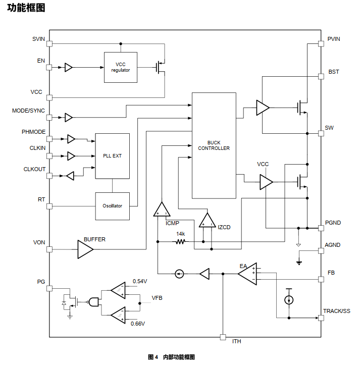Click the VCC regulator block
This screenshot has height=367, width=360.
121,67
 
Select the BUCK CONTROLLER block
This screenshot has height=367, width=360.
214,145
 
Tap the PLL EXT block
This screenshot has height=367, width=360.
112,156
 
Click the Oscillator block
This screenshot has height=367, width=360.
112,206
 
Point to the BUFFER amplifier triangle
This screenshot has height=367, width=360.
85,249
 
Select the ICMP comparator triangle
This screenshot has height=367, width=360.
162,210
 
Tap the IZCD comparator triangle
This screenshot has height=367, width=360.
207,221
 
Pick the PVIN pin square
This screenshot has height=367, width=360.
321,44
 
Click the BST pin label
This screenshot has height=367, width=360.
334,72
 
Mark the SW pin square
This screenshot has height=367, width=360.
321,133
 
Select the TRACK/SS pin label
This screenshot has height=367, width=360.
336,311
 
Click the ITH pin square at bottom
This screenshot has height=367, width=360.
222,337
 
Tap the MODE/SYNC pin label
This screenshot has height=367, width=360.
28,111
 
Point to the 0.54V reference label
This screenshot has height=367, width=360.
140,281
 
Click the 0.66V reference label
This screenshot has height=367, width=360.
138,323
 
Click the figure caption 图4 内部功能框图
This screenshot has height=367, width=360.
171,357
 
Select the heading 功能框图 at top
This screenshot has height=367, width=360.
26,8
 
